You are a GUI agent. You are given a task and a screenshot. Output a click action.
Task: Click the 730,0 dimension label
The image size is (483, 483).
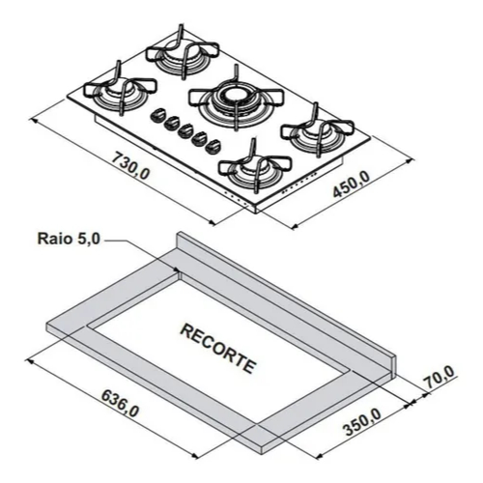tap(130, 165)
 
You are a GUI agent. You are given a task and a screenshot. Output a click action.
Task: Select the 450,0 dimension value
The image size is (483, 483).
tap(352, 185)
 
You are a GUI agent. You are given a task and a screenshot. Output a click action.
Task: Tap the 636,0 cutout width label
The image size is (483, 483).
tap(120, 404)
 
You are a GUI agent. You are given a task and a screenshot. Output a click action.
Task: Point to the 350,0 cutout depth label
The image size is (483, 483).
tap(363, 422)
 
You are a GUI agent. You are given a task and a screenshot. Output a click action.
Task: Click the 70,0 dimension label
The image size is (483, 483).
tap(439, 377)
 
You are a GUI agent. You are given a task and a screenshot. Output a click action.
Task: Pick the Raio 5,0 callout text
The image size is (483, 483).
tap(69, 239)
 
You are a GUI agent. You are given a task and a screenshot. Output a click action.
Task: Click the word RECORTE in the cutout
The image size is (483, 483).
tap(218, 349)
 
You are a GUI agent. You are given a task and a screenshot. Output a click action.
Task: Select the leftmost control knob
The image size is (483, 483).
tap(157, 115)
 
